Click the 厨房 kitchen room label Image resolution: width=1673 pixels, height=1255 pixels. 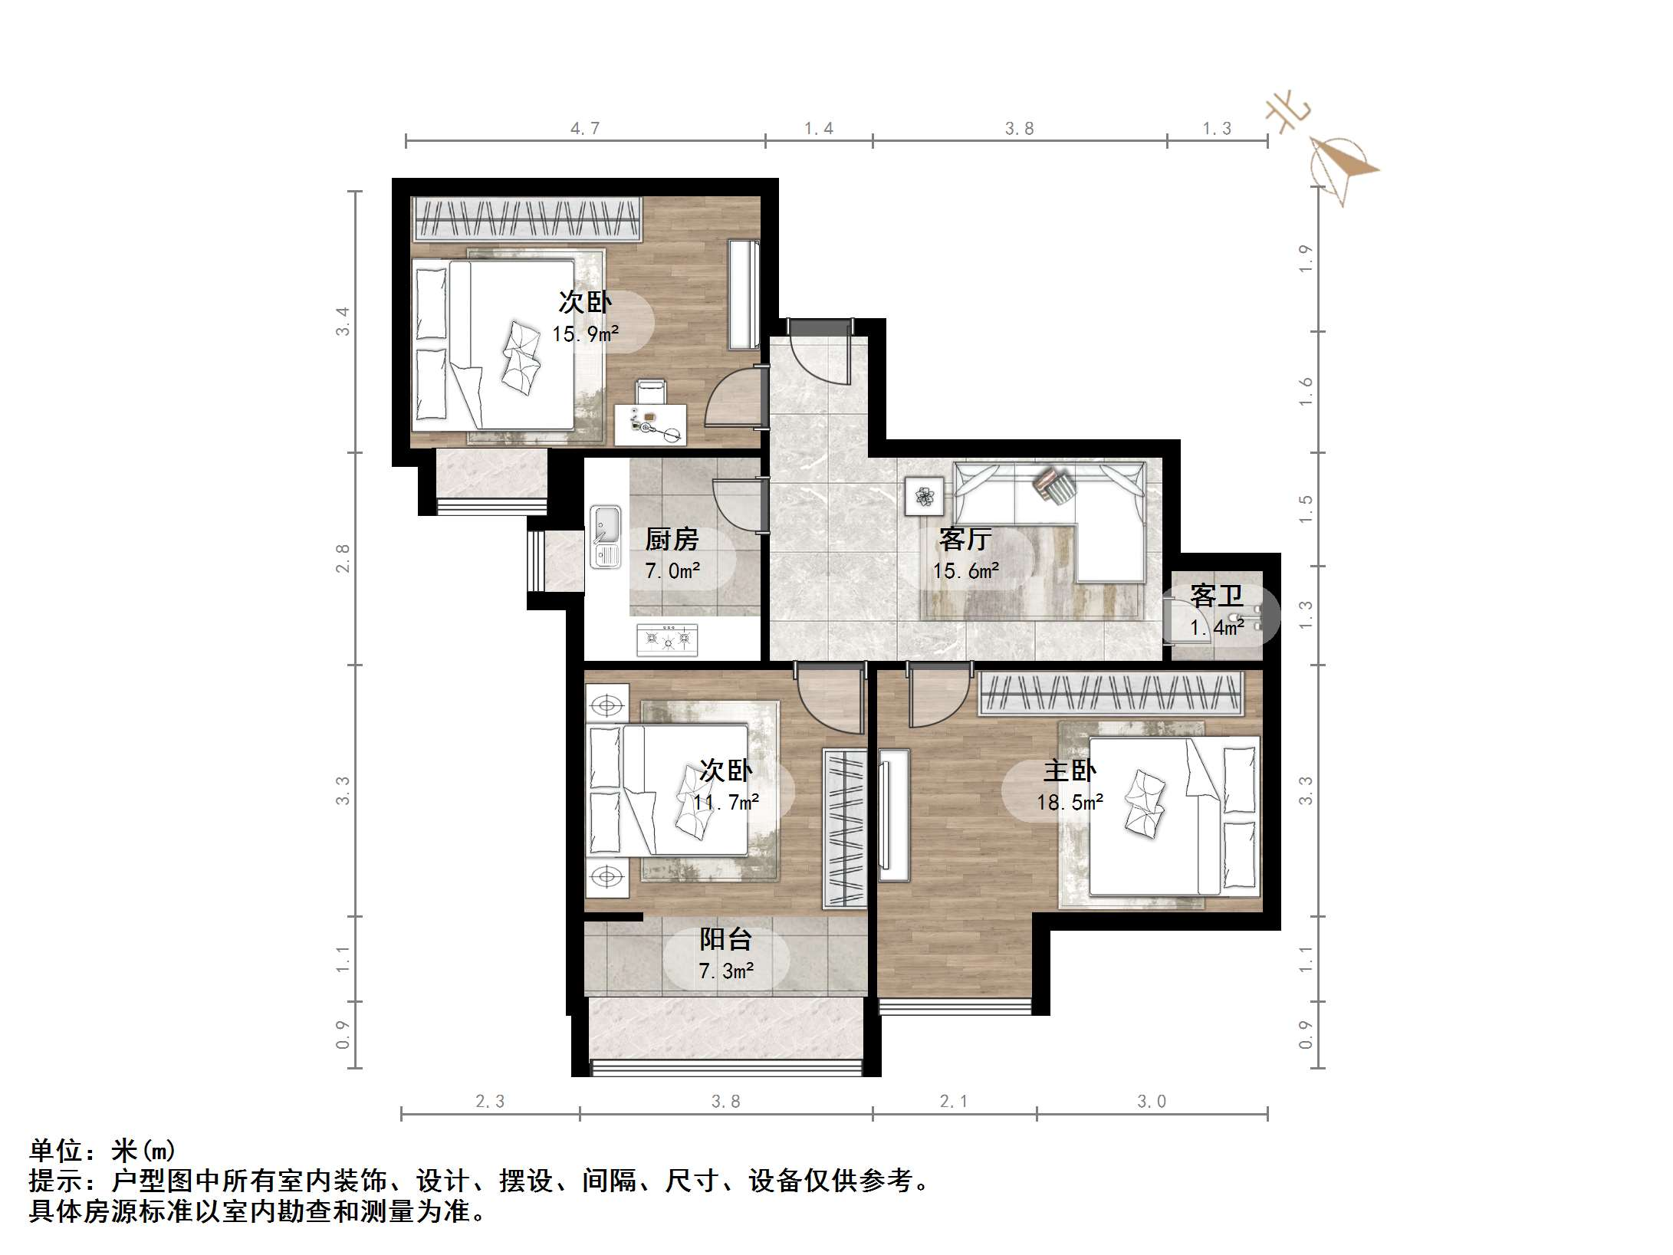click(x=672, y=540)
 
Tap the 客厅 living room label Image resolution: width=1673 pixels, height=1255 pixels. click(x=965, y=540)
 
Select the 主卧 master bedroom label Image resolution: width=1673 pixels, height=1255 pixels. click(x=1070, y=771)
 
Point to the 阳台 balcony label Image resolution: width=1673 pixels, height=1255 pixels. click(x=725, y=940)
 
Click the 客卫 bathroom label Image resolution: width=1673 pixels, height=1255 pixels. click(x=1216, y=596)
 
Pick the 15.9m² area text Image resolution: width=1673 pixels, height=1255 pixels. click(x=586, y=334)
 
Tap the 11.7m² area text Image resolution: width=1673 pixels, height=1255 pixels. click(x=726, y=803)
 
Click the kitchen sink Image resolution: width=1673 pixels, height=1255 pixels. click(x=606, y=537)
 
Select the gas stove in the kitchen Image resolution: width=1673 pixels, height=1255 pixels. click(x=668, y=639)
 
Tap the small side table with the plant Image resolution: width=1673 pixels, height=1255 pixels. click(x=924, y=496)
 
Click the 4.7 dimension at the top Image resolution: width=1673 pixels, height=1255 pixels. click(x=585, y=129)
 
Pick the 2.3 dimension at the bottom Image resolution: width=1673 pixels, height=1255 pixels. click(x=490, y=1102)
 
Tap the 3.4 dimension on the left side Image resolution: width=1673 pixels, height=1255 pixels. click(x=342, y=320)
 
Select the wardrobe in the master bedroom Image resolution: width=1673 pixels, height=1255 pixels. click(x=1110, y=694)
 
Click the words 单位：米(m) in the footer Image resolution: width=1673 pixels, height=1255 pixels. click(x=103, y=1151)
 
